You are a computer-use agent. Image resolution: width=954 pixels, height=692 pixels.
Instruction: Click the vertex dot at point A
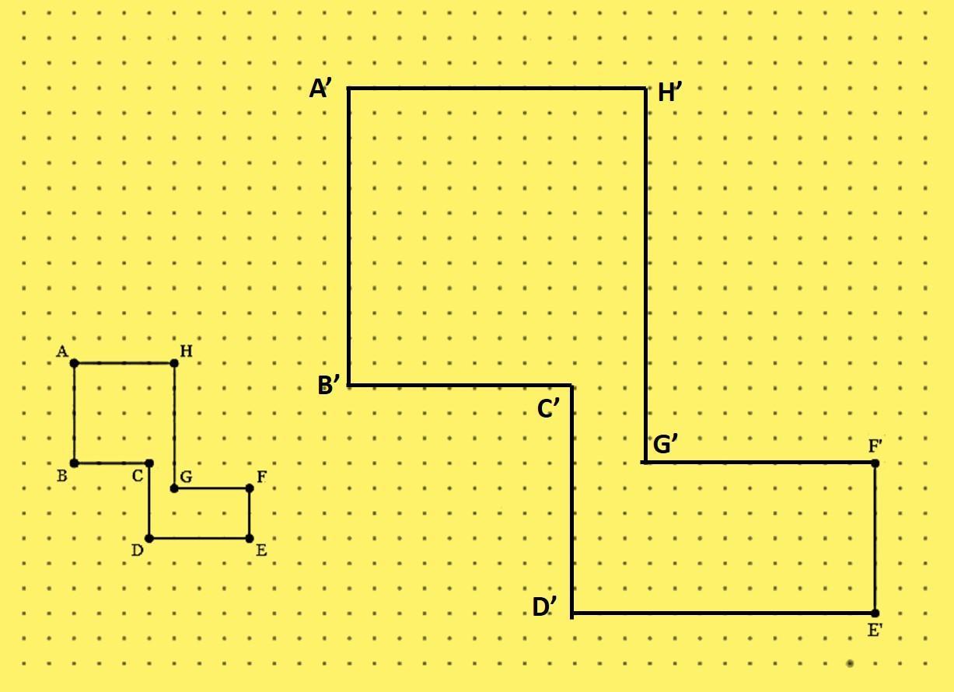[x=75, y=363]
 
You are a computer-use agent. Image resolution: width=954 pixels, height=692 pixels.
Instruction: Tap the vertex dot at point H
[x=174, y=363]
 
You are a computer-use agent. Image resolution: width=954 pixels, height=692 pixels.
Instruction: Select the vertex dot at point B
[x=75, y=463]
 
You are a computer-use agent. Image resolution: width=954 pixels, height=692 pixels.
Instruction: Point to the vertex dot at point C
[x=149, y=463]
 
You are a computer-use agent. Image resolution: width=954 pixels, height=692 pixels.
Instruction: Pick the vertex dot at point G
[x=174, y=488]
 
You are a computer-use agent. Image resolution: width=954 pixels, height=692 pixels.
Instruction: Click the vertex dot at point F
[x=250, y=488]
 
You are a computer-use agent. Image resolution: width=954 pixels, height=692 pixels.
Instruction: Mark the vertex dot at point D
[x=149, y=538]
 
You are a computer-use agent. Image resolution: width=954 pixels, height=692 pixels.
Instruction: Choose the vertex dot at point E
[x=250, y=538]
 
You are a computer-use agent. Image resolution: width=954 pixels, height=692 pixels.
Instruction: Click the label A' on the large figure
[x=320, y=89]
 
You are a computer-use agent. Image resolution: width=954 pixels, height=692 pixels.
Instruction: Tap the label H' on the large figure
[x=670, y=93]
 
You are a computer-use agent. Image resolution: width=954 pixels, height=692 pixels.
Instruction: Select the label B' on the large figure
[x=329, y=385]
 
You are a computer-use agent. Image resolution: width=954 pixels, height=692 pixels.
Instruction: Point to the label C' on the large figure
[x=549, y=408]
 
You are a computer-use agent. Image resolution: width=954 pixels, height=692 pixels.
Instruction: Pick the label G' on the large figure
[x=666, y=445]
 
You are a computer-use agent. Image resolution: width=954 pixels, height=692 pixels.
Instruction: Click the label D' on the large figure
[x=544, y=607]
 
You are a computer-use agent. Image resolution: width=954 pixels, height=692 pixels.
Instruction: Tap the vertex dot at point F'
[x=875, y=463]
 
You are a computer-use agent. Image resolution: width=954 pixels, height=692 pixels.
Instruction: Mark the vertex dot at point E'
[x=875, y=613]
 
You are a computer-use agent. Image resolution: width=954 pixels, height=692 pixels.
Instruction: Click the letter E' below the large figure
[x=875, y=631]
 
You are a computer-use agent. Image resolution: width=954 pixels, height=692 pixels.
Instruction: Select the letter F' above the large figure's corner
[x=875, y=446]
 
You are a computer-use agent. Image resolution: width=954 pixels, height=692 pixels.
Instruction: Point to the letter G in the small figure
[x=186, y=476]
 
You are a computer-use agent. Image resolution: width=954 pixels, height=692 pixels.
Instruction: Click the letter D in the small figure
[x=137, y=550]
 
